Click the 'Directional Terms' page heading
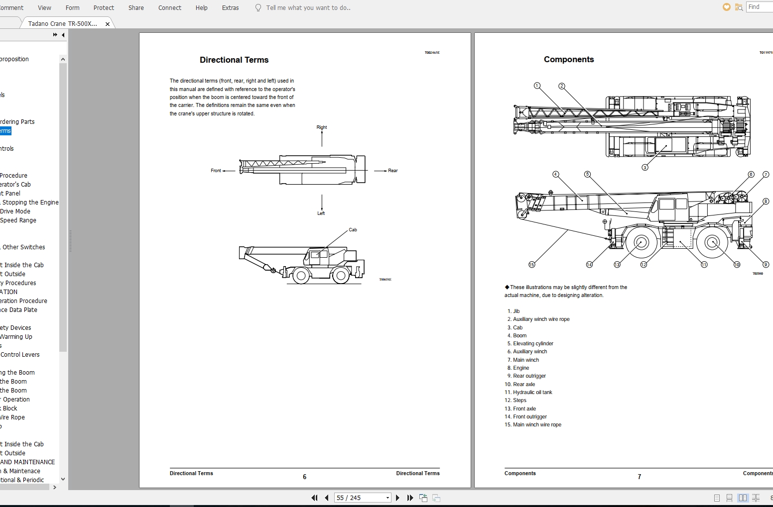[234, 60]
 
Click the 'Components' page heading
[569, 59]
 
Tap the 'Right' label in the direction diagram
[322, 127]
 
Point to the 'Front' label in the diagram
[216, 171]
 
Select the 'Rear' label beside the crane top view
[393, 171]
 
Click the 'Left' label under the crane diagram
[321, 213]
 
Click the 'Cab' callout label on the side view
[353, 230]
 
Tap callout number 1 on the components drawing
[537, 86]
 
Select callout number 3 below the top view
[645, 168]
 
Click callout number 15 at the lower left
[531, 265]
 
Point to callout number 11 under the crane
[704, 265]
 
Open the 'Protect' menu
[104, 8]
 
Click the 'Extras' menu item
[230, 8]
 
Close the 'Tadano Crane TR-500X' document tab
[108, 24]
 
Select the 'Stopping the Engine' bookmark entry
[30, 203]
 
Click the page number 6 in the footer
[305, 477]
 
